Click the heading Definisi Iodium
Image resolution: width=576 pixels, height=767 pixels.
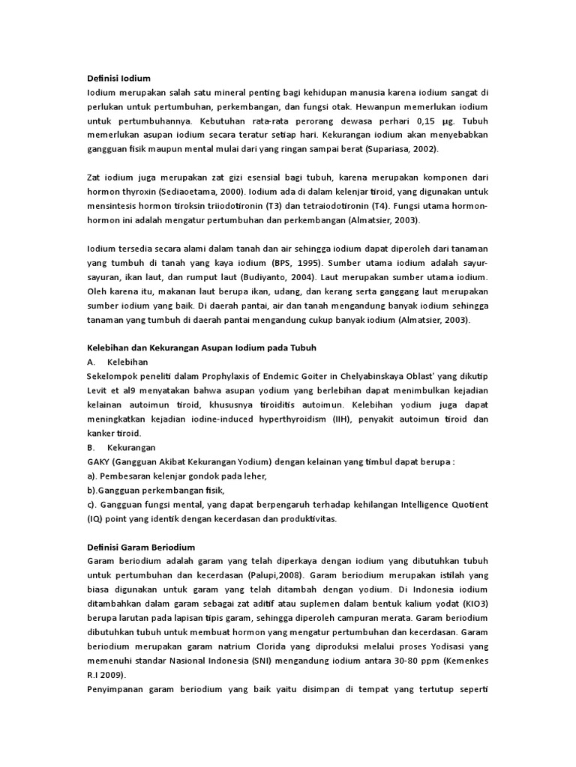click(119, 78)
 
